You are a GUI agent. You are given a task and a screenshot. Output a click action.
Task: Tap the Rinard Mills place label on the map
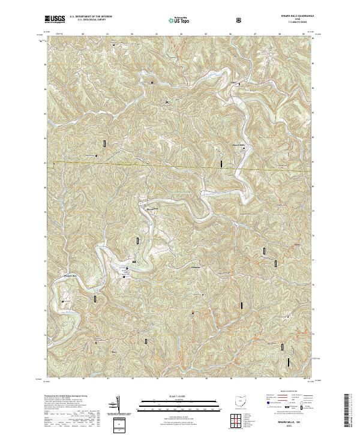pos(239,145)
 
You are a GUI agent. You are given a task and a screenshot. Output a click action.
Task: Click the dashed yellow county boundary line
pos(180,166)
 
